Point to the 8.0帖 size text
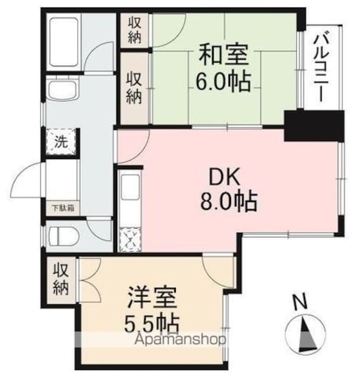click(x=228, y=203)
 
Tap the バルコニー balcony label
click(x=324, y=67)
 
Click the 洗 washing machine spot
click(x=62, y=142)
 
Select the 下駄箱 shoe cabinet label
click(x=62, y=208)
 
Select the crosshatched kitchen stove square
click(x=130, y=239)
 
